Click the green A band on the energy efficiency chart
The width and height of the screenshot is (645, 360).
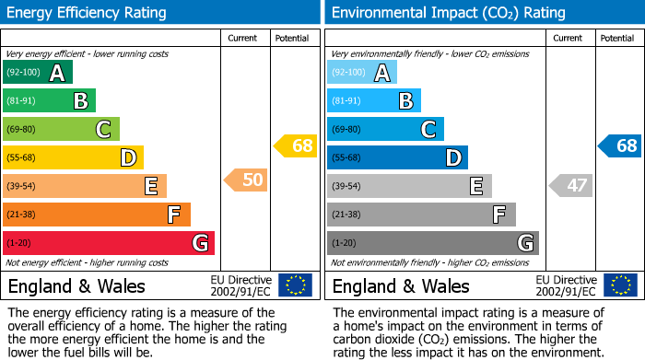click(x=37, y=73)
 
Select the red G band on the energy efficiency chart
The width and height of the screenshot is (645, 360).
click(x=109, y=243)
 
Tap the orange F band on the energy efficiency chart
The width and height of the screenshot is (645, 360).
click(x=97, y=215)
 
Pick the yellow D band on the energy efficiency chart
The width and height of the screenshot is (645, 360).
click(x=73, y=157)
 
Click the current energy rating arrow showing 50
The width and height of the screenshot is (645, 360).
click(x=247, y=180)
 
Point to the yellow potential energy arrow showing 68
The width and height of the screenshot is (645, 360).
click(x=296, y=145)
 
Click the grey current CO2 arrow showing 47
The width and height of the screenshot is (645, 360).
click(x=571, y=185)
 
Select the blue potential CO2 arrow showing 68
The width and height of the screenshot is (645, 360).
click(x=620, y=145)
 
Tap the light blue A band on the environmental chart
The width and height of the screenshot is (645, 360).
click(x=362, y=73)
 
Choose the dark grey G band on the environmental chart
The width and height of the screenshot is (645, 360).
click(x=432, y=243)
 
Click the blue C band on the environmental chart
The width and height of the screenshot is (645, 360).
click(x=385, y=129)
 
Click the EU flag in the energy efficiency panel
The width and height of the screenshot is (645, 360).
click(x=295, y=285)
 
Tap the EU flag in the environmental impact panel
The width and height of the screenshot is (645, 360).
click(x=620, y=285)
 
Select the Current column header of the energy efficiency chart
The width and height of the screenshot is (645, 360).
click(x=242, y=38)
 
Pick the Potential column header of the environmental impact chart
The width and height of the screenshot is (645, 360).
click(x=616, y=38)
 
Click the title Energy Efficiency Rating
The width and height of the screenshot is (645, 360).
click(x=88, y=13)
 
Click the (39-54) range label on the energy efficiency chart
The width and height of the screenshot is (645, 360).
click(x=20, y=187)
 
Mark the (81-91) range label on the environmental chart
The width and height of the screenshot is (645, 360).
click(x=346, y=101)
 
